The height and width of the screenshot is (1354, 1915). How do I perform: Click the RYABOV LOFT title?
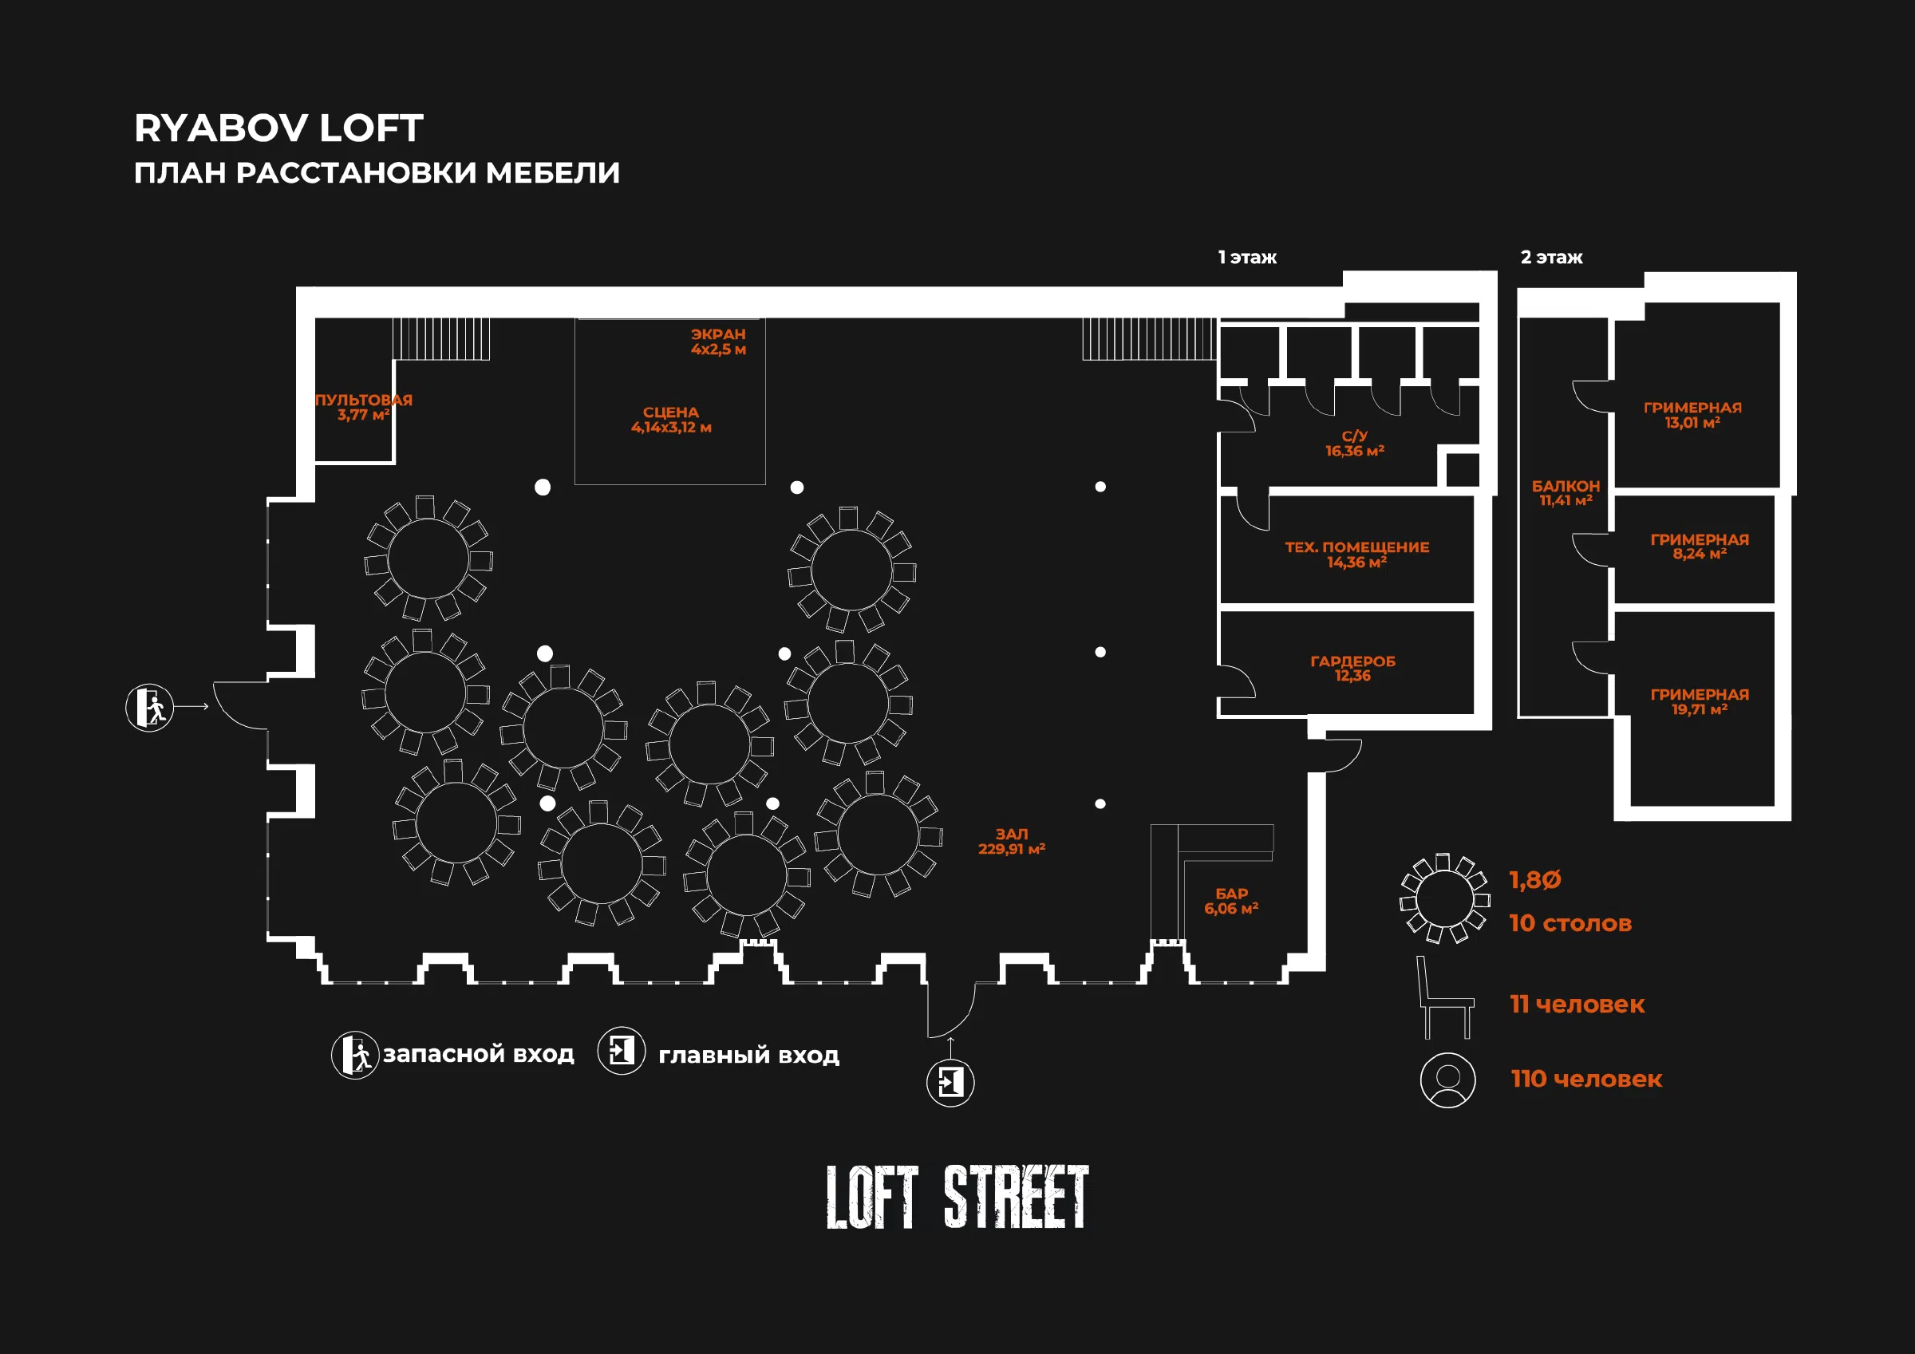coord(278,128)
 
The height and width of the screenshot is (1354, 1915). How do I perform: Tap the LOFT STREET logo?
coord(958,1197)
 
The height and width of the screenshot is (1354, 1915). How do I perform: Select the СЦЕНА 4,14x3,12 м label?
coord(671,420)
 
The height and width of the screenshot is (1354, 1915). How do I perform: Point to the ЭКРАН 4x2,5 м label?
coord(718,341)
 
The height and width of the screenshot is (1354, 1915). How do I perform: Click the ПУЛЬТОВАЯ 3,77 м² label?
coord(364,407)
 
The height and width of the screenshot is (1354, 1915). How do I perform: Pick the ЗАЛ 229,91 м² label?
coord(1012,841)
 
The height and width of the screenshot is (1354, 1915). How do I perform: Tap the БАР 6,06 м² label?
coord(1231,901)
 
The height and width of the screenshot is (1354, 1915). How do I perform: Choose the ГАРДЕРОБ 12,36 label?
coord(1352,669)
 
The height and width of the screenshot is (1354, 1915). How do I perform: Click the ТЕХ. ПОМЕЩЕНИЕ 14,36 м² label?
coord(1357,555)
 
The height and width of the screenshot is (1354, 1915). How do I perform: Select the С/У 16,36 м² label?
coord(1355,443)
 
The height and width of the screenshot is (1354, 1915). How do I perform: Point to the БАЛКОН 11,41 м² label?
coord(1566,493)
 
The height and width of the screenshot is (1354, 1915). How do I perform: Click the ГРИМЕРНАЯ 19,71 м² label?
coord(1700,701)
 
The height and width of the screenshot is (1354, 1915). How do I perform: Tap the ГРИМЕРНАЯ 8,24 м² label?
coord(1700,547)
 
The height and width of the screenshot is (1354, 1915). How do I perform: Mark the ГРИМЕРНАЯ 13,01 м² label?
coord(1693,415)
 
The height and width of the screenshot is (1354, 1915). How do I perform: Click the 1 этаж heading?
coord(1247,257)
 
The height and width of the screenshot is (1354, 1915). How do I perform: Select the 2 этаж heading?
coord(1551,257)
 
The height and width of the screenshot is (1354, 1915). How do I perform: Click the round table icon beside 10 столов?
coord(1444,898)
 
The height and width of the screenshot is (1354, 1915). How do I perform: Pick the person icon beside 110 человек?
coord(1448,1080)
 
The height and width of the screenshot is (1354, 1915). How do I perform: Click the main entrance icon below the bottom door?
coord(951,1083)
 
